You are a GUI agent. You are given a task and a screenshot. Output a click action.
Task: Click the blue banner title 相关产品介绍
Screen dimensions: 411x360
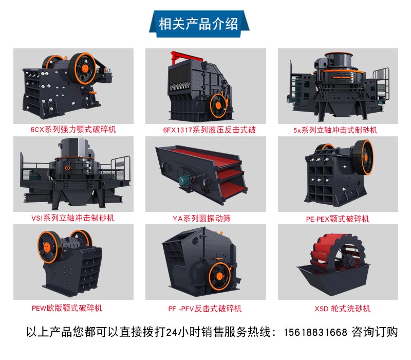tap(198, 24)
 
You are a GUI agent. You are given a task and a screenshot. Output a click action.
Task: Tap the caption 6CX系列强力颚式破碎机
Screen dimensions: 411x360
tap(73, 130)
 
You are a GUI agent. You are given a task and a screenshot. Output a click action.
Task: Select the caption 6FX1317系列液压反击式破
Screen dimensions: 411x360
tap(210, 130)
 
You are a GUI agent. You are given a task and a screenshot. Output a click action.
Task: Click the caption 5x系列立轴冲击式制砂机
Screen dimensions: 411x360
tap(335, 130)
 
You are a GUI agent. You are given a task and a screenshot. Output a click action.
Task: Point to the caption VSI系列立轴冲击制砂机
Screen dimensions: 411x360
tap(73, 218)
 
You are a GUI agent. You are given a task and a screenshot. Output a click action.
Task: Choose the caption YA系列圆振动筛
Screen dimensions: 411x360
tap(201, 218)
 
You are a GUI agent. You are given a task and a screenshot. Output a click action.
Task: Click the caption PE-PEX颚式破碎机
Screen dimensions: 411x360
tap(338, 219)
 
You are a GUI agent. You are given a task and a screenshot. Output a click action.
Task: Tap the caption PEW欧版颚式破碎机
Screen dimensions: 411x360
tap(67, 308)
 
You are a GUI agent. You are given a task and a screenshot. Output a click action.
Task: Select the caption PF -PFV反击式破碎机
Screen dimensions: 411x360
tap(205, 309)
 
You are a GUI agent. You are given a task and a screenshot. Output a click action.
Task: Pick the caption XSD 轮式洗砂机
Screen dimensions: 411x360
tap(343, 309)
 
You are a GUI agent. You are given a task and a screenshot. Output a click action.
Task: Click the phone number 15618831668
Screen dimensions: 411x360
tap(315, 332)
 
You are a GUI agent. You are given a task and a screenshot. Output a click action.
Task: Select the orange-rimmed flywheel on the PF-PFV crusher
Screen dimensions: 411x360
tap(220, 276)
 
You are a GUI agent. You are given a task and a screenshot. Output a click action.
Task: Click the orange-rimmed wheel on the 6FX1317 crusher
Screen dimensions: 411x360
tap(218, 106)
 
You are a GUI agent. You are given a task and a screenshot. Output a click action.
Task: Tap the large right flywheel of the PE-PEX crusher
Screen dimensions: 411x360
tap(365, 157)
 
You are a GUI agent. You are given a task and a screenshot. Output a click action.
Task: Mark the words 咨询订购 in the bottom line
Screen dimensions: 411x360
tap(375, 332)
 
